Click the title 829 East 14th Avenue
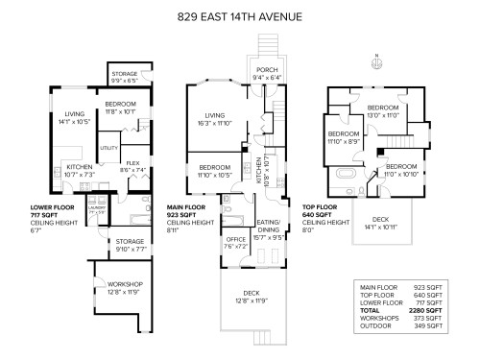point(240,16)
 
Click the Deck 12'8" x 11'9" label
point(252,296)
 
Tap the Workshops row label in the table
point(377,319)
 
